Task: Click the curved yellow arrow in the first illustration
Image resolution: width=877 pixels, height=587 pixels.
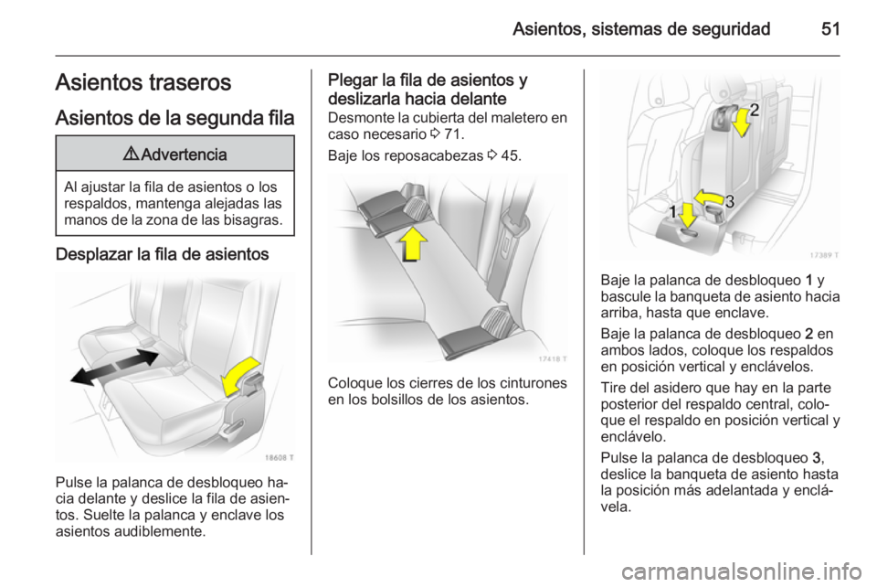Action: click(243, 375)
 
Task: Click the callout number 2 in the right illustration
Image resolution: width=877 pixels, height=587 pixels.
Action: click(755, 111)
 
